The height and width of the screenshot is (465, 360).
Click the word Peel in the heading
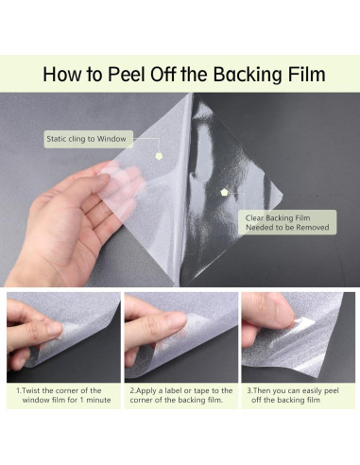pyautogui.click(x=127, y=75)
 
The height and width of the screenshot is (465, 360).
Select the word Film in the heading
pyautogui.click(x=306, y=75)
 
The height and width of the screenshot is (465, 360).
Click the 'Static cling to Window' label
pyautogui.click(x=88, y=139)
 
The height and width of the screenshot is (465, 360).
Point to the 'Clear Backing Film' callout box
pyautogui.click(x=287, y=222)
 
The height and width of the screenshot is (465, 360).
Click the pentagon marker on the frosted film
pyautogui.click(x=160, y=156)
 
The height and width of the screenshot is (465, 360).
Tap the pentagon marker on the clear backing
pyautogui.click(x=224, y=192)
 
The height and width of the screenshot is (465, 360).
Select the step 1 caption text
pyautogui.click(x=63, y=395)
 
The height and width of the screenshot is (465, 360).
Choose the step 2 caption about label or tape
pyautogui.click(x=181, y=395)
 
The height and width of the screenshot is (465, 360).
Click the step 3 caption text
pyautogui.click(x=293, y=395)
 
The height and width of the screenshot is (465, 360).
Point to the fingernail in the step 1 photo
pyautogui.click(x=54, y=330)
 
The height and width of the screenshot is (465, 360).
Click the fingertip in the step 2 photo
pyautogui.click(x=177, y=320)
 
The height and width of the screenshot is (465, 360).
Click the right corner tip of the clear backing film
pyautogui.click(x=283, y=195)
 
